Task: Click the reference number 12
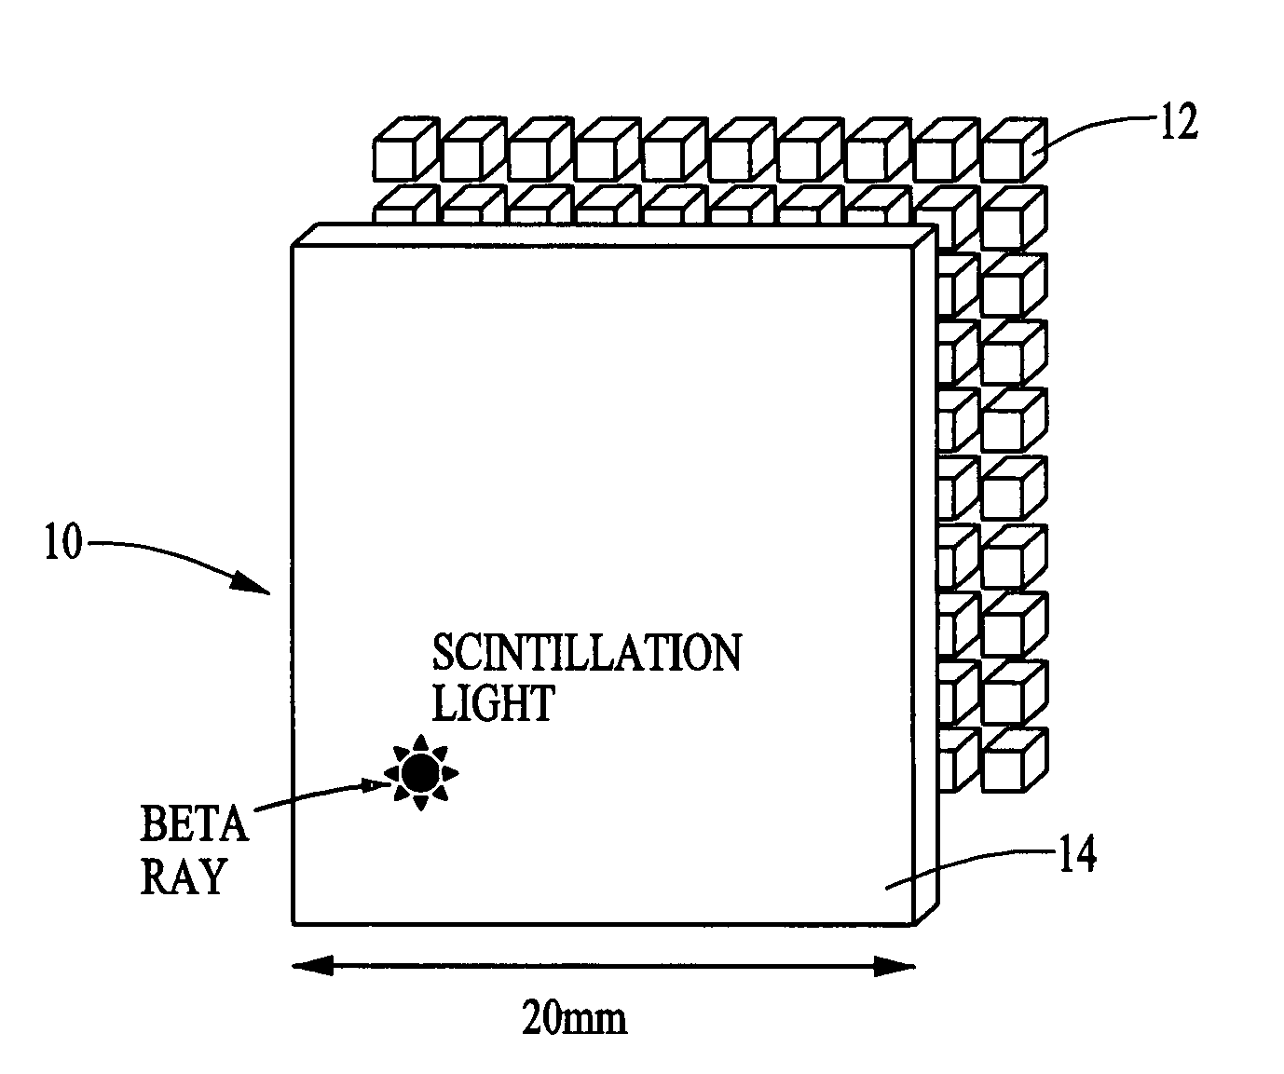(1178, 124)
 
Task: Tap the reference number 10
(62, 544)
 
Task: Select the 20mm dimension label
(573, 1018)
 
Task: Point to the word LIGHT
(493, 703)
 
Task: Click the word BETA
(194, 824)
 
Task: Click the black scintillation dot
(420, 771)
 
